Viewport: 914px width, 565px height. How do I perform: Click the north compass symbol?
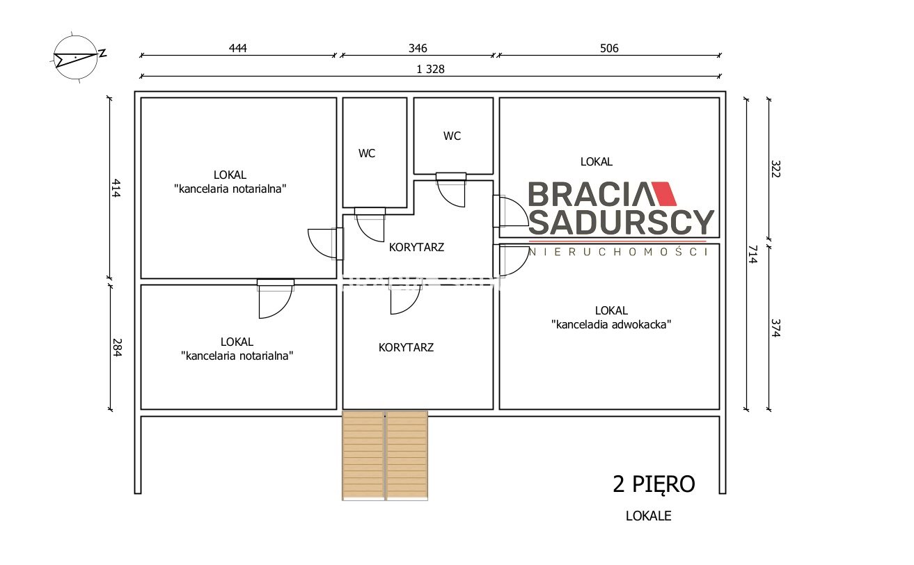click(x=77, y=57)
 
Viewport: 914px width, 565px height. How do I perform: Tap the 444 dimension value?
click(x=238, y=48)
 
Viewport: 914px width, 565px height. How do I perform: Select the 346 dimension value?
click(x=418, y=48)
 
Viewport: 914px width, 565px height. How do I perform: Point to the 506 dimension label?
click(x=609, y=48)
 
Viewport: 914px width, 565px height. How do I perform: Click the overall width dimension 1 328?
click(x=430, y=69)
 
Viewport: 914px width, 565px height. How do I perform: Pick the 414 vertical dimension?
click(x=116, y=188)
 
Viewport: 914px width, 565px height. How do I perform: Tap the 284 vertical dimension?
click(x=117, y=348)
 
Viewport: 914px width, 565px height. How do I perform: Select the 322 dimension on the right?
click(x=775, y=169)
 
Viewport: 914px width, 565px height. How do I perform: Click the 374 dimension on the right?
click(x=775, y=328)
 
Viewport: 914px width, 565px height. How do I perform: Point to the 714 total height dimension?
click(x=753, y=254)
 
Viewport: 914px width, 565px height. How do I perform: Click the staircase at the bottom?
click(x=385, y=456)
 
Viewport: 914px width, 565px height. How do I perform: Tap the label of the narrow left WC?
click(x=367, y=153)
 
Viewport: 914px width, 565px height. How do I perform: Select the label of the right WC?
click(x=452, y=136)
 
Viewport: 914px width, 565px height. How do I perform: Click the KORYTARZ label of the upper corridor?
click(x=416, y=247)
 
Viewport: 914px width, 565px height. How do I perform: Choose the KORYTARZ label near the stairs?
click(x=406, y=348)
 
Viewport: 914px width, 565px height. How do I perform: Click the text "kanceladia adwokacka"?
click(x=611, y=324)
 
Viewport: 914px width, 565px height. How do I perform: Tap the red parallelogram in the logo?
click(x=664, y=193)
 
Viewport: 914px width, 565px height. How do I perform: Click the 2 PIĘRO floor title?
click(x=654, y=484)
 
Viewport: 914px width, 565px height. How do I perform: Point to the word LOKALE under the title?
click(x=648, y=516)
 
